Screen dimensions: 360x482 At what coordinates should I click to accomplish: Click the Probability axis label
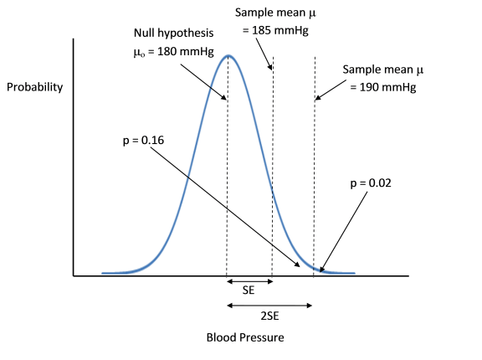[35, 86]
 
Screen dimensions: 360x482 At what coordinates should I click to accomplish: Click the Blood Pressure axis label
[245, 338]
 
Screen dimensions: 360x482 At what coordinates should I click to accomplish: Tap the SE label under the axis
[249, 291]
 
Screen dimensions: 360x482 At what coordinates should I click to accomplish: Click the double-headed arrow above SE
[249, 281]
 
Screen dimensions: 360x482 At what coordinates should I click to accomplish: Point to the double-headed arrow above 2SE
[270, 305]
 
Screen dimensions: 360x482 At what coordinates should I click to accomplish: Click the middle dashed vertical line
[273, 167]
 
